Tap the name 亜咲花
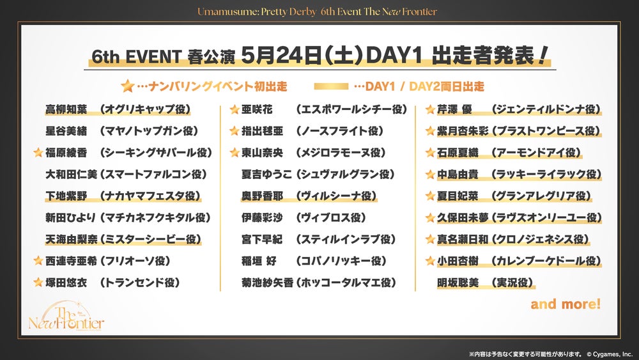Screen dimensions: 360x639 pyautogui.click(x=257, y=109)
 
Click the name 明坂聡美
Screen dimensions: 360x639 pyautogui.click(x=458, y=282)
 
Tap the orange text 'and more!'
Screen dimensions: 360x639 pyautogui.click(x=566, y=304)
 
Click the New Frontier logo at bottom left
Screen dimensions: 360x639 pyautogui.click(x=66, y=317)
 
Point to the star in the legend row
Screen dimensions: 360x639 pyautogui.click(x=128, y=86)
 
